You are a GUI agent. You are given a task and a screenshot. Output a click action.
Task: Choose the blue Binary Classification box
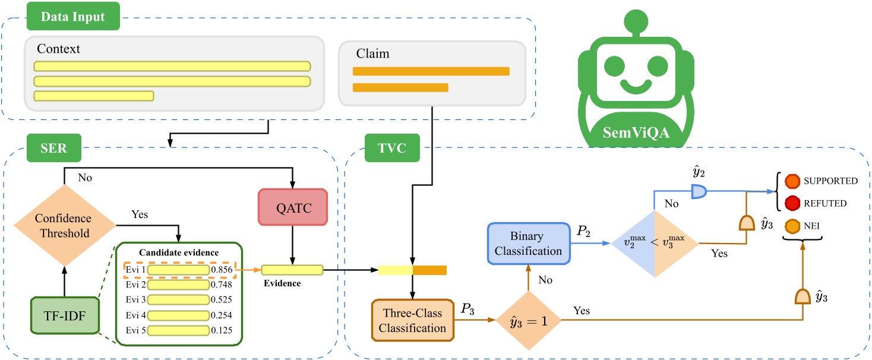(526, 244)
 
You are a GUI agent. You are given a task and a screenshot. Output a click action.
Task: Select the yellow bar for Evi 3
(178, 299)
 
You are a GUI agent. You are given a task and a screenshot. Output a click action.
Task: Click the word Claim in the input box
(372, 54)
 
